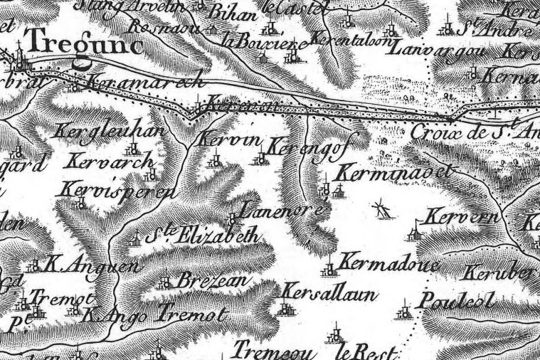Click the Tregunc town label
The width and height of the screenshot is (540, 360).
[x=85, y=45]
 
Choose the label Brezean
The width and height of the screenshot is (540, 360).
[x=211, y=280]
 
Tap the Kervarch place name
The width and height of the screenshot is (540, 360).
[x=112, y=162]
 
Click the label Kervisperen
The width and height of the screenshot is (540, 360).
[x=117, y=191]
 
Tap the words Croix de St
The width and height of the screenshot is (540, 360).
[x=470, y=132]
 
